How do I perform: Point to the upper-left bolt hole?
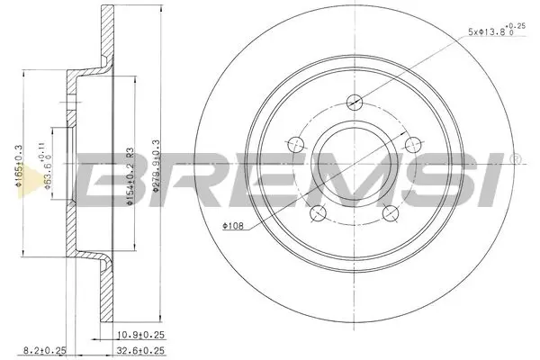(295, 143)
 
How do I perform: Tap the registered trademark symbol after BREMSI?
(516, 160)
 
